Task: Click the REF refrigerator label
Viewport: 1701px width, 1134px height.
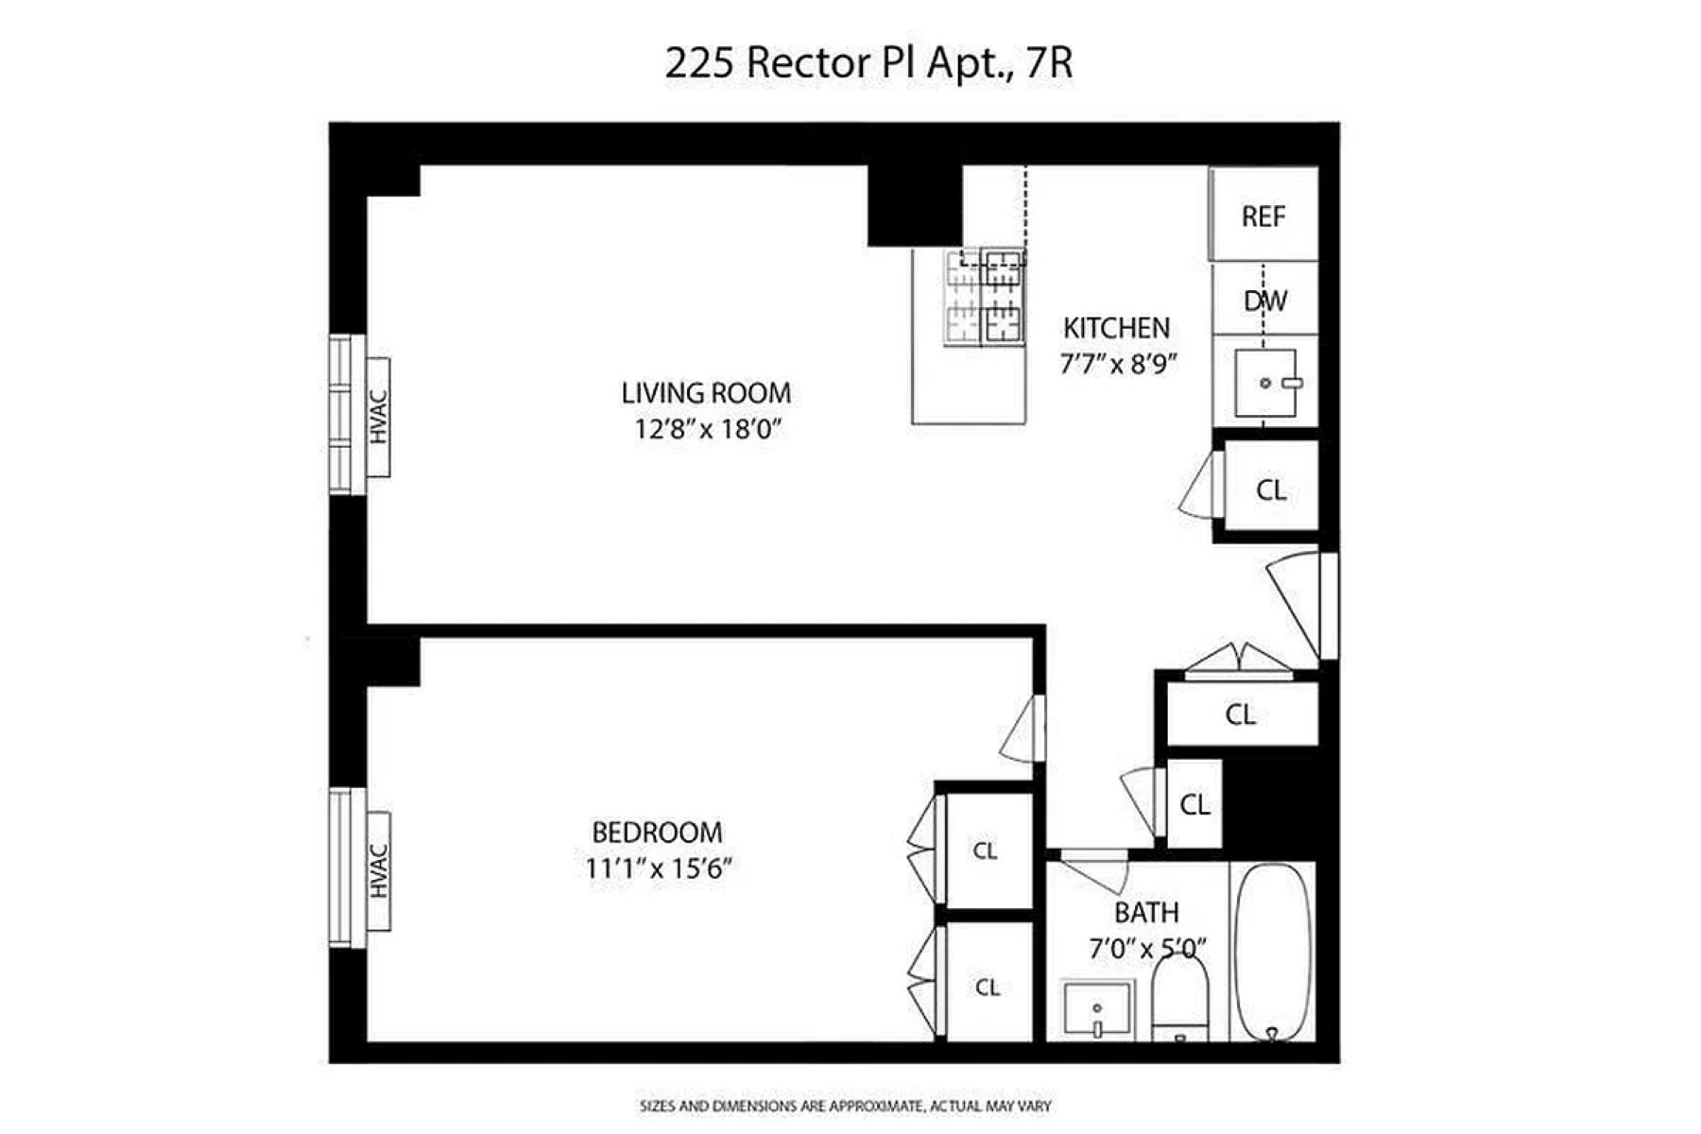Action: [x=1263, y=216]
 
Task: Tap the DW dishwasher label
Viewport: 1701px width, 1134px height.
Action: [x=1264, y=301]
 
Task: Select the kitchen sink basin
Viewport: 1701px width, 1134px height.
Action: [x=1265, y=383]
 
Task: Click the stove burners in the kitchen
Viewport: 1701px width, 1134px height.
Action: [x=985, y=297]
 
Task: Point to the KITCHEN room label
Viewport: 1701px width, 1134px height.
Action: [x=1116, y=328]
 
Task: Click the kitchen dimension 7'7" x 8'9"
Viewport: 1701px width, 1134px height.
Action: [x=1118, y=364]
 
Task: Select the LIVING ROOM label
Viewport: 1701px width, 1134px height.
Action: [x=706, y=393]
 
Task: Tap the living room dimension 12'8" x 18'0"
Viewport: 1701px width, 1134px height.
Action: [x=708, y=429]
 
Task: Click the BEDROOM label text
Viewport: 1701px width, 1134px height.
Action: [x=657, y=833]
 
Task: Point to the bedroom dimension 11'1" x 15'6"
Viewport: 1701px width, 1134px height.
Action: [x=659, y=868]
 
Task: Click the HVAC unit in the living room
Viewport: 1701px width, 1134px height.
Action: [x=378, y=417]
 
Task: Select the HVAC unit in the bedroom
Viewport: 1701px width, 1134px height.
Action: [x=378, y=870]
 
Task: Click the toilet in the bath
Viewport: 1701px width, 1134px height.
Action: [x=1180, y=997]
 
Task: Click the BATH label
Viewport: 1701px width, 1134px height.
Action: [x=1146, y=913]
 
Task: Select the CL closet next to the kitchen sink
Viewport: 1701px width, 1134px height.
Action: [x=1270, y=490]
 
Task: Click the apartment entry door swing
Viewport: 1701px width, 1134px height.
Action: [x=1299, y=603]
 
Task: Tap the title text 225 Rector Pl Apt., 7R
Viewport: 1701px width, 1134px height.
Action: [x=868, y=63]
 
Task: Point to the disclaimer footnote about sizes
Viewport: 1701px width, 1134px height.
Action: [x=845, y=1106]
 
